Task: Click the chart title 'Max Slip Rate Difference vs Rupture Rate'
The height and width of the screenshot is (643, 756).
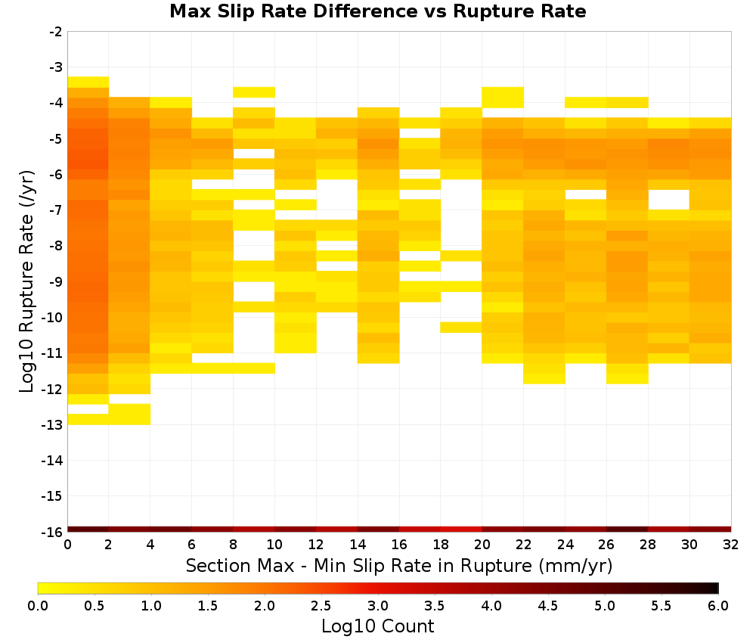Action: (x=377, y=11)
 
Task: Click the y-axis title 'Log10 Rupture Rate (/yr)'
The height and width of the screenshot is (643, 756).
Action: (x=27, y=281)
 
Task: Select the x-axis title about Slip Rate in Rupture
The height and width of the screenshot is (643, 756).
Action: (x=398, y=565)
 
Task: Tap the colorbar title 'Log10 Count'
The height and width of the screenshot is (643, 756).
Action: (x=377, y=626)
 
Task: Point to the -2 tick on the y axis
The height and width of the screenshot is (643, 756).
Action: (x=56, y=32)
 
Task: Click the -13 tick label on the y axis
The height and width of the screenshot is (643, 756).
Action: (x=53, y=425)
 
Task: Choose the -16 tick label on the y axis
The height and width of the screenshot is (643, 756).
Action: (x=53, y=532)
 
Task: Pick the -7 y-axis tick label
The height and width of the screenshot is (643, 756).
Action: (x=56, y=210)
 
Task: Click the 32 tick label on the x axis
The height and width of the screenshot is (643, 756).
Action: (x=731, y=545)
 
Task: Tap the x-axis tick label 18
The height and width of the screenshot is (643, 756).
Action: (x=441, y=545)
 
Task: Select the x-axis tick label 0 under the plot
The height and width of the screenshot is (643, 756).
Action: (x=67, y=545)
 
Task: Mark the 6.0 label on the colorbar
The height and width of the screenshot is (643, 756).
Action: (x=718, y=605)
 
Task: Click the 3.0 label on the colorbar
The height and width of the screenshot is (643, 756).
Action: (x=378, y=605)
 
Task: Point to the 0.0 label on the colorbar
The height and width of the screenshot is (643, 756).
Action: (x=38, y=605)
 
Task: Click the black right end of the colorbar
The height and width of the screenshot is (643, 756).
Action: (x=715, y=588)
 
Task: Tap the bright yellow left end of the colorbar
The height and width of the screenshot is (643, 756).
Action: (x=42, y=588)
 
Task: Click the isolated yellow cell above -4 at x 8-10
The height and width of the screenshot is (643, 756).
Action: (x=254, y=92)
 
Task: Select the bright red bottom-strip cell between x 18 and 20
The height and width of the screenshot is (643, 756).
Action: (x=461, y=530)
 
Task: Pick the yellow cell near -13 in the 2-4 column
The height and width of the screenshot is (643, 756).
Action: (x=130, y=415)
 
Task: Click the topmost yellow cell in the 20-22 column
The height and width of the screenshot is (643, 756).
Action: (x=503, y=98)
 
